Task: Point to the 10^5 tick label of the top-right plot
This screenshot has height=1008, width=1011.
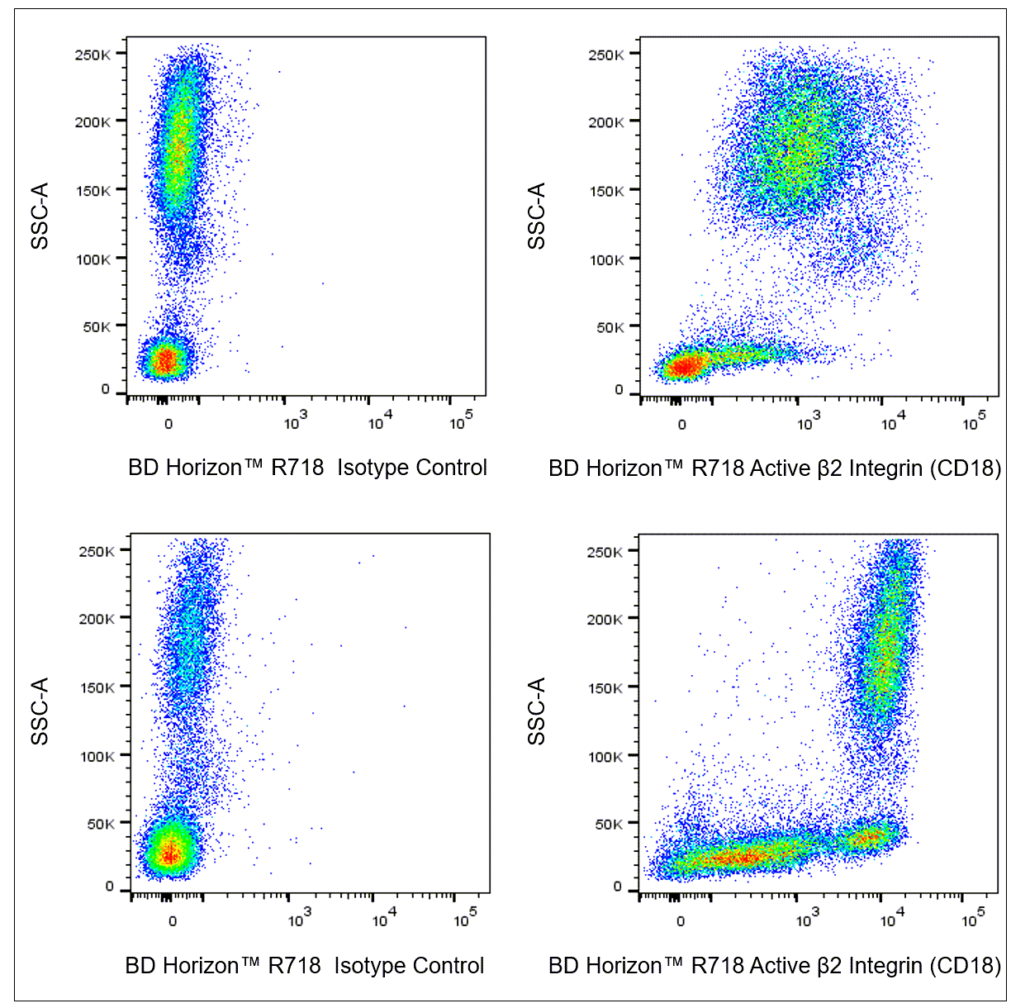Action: (974, 424)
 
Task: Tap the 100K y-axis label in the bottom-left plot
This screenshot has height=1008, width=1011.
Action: (97, 756)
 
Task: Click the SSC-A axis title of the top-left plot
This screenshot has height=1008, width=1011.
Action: (40, 216)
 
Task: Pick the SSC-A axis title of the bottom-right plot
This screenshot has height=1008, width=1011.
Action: (537, 711)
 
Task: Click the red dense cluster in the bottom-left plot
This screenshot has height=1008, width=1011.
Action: (169, 853)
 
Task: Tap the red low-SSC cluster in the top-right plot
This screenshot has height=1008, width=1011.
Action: (684, 365)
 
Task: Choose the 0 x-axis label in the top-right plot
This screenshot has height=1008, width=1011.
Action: (682, 425)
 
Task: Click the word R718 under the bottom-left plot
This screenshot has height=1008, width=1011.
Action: (295, 966)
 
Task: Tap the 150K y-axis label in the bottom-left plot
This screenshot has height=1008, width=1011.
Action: (97, 687)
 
